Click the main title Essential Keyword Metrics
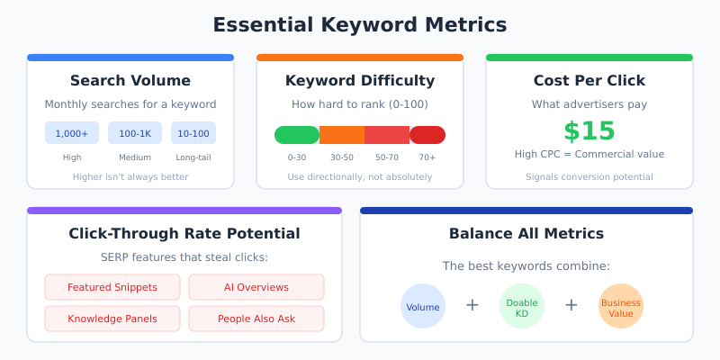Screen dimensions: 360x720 pos(360,24)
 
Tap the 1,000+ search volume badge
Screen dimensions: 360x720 pos(72,133)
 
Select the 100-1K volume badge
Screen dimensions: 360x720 pos(135,133)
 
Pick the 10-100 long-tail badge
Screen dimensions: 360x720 pos(193,133)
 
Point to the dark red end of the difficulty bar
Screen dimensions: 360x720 pos(428,135)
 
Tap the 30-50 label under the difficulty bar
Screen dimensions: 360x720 pos(342,157)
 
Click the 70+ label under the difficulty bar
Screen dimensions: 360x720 pos(427,157)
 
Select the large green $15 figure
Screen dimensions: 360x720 pos(589,131)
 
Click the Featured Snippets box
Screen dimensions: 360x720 pos(112,287)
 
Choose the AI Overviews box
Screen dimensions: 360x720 pos(256,287)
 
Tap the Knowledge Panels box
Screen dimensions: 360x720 pos(112,319)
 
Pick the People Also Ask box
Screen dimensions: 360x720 pos(256,319)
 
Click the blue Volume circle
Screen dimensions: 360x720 pos(423,306)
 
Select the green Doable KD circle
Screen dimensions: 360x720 pos(522,306)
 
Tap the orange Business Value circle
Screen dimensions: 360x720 pos(621,306)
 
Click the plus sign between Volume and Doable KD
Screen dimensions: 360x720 pos(472,306)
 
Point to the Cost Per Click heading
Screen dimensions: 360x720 pos(589,81)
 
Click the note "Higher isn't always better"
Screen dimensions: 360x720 pos(130,176)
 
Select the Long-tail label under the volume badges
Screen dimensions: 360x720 pos(193,157)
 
